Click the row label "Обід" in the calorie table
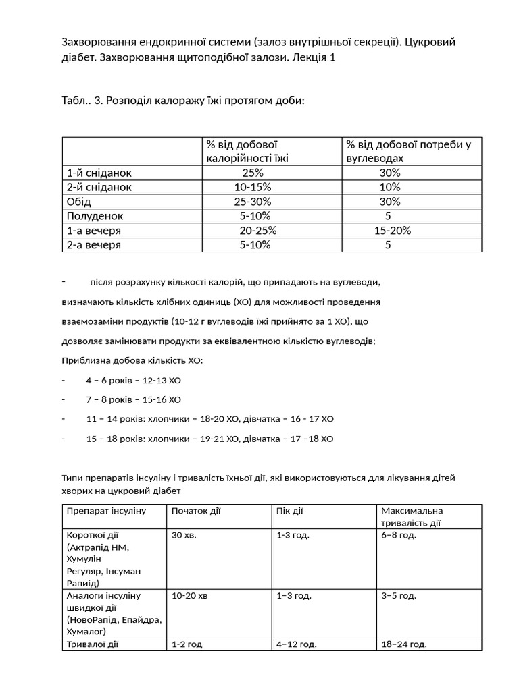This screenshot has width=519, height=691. [x=78, y=202]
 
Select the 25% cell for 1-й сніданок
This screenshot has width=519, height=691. [x=253, y=173]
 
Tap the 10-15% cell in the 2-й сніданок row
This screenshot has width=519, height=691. [x=253, y=187]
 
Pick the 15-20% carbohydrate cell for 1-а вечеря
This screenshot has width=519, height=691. [x=393, y=231]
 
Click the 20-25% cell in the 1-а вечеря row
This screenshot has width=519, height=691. [x=258, y=231]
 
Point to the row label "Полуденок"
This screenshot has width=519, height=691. [x=95, y=216]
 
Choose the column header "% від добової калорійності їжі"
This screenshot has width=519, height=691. [x=247, y=151]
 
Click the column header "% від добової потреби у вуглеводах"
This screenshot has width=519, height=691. [x=408, y=151]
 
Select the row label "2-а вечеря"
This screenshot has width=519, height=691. [x=93, y=245]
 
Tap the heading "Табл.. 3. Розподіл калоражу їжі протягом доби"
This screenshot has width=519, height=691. [x=183, y=101]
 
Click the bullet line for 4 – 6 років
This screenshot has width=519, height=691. [x=133, y=380]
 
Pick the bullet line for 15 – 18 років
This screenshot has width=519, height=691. [x=209, y=439]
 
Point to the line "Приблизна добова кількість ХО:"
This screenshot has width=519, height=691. [x=132, y=360]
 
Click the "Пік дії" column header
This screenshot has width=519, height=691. [x=290, y=511]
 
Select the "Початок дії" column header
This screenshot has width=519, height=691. [x=196, y=511]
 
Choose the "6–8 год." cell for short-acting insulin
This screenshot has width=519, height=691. [x=399, y=535]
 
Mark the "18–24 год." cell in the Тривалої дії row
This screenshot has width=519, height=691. [x=404, y=644]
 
